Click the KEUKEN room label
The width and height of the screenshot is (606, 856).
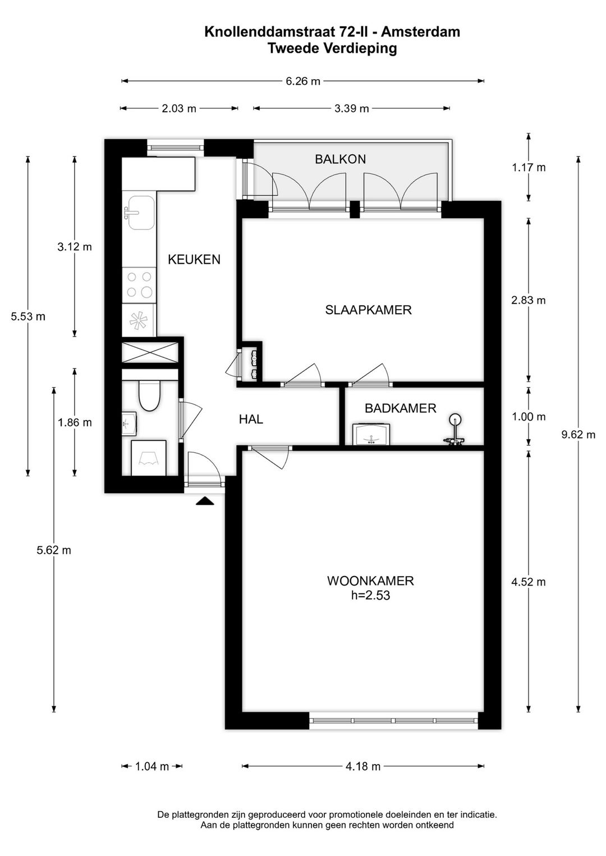coord(194,259)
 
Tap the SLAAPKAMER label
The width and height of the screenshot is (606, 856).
coord(368,310)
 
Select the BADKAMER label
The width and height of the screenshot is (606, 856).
coord(400,408)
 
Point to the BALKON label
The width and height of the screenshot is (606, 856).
coord(340,159)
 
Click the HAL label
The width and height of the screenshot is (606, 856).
coord(251,419)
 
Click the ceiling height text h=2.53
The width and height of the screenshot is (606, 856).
coord(370,595)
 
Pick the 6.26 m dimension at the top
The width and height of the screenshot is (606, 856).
coord(303,81)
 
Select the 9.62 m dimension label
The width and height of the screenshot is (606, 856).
coord(578,435)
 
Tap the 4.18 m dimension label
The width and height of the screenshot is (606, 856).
coord(363,766)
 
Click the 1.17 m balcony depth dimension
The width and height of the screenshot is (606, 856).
coord(529,167)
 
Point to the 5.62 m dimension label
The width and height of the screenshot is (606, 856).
coord(54,550)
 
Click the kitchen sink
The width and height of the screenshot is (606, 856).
coord(140,213)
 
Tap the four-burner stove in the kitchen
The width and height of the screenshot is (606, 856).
coord(139,284)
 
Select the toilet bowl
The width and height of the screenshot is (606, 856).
coord(149,395)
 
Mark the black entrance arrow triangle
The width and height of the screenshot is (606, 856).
coord(205,501)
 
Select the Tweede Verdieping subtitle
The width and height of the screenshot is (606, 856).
coord(332,49)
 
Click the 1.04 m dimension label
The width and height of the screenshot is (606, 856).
coord(152,766)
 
